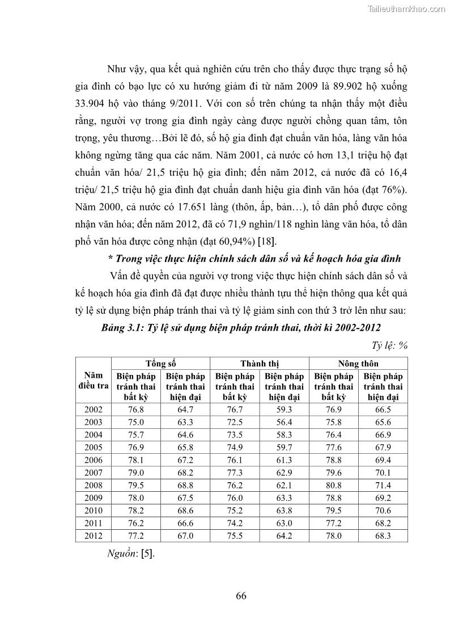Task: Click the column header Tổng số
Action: (x=160, y=364)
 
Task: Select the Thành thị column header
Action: (x=260, y=364)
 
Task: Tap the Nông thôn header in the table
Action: (x=358, y=364)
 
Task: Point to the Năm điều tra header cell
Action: (x=93, y=380)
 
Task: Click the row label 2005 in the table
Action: (x=93, y=447)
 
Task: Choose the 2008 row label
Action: (x=93, y=485)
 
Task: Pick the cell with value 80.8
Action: (x=333, y=485)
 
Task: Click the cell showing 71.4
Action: (x=383, y=485)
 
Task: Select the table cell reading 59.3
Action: (x=284, y=409)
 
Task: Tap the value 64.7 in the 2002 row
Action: (x=185, y=409)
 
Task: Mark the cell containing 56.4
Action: (x=284, y=422)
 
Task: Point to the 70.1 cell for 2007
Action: (x=383, y=473)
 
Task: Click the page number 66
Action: (x=241, y=596)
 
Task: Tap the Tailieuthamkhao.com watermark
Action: (x=406, y=9)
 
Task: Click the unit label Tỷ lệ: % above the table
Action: (x=390, y=345)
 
